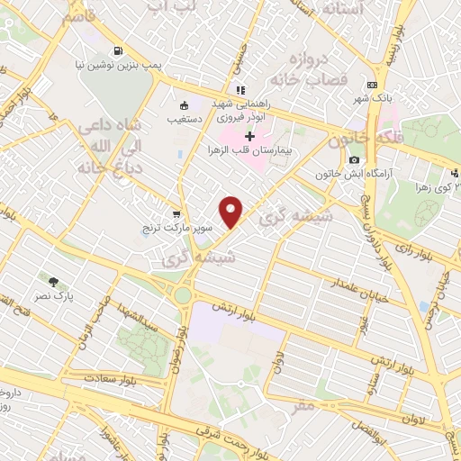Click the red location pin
pos(232,211)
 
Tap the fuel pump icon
pos(118,51)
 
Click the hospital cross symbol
pos(249,136)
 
